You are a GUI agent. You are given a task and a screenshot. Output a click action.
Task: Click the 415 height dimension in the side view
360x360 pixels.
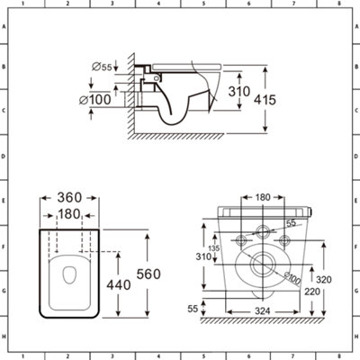pos(265,100)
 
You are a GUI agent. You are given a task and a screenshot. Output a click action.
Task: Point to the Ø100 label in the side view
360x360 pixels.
pos(95,100)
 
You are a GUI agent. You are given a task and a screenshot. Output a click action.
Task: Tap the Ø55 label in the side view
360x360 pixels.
pos(102,67)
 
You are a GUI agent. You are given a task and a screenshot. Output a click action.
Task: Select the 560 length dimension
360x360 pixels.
pos(148,274)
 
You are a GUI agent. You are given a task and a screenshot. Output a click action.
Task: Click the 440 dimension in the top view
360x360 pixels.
pos(119,284)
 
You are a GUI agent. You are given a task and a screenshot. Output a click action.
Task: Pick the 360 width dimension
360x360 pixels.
pos(69,198)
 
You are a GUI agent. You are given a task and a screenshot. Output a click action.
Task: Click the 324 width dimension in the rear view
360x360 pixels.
pos(263,311)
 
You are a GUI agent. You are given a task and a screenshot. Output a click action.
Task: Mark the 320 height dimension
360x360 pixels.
pos(324,280)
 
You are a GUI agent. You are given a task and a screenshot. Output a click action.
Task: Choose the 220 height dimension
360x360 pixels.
pos(312,292)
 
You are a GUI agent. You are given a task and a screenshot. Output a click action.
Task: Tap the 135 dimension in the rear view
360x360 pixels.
pos(214,248)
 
